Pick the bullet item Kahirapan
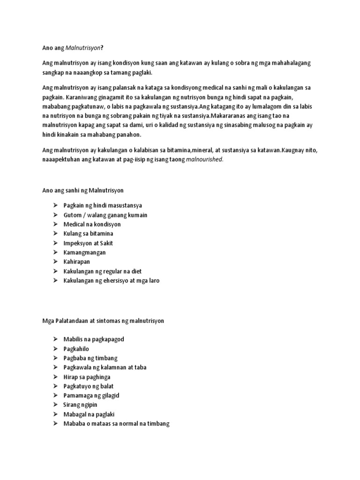[77, 262]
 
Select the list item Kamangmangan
[85, 253]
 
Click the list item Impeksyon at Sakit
[88, 243]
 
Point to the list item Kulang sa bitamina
[89, 234]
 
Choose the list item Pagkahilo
[76, 349]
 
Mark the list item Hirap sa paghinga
[87, 377]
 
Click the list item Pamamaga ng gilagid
[91, 396]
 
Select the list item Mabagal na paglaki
[89, 414]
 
